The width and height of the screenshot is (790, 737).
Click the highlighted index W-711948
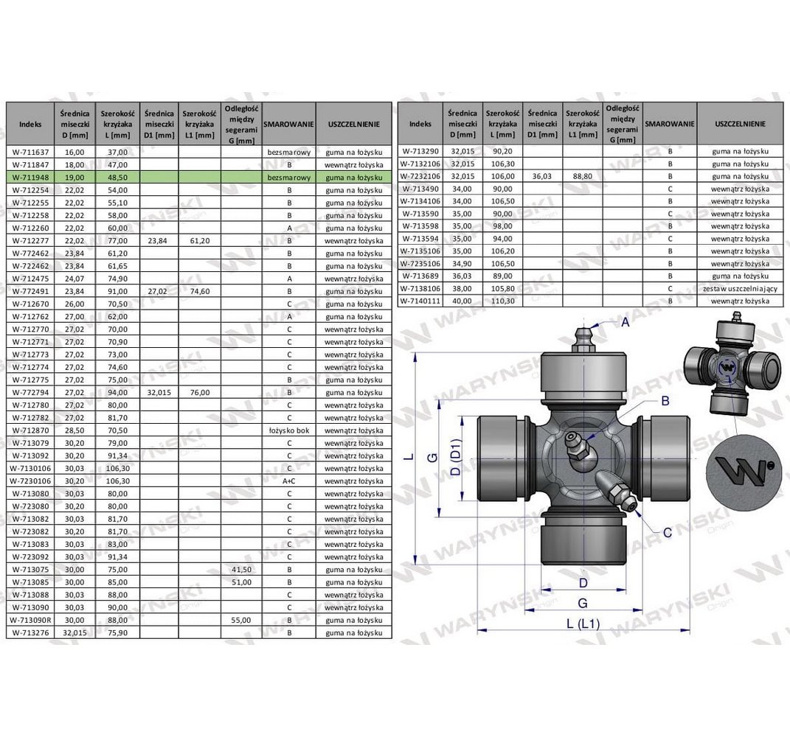(30, 177)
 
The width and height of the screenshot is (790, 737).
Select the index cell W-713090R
(30, 621)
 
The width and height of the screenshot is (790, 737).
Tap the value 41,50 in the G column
(241, 570)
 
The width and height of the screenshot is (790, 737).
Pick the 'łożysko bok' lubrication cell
(289, 430)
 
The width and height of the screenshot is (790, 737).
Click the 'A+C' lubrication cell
(289, 481)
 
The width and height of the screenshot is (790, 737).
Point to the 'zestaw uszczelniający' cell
(740, 288)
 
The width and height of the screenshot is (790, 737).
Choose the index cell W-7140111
(420, 301)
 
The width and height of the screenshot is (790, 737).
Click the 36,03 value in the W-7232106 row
(542, 176)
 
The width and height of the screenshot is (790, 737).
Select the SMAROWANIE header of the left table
(288, 124)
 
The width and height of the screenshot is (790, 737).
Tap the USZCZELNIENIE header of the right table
(740, 123)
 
